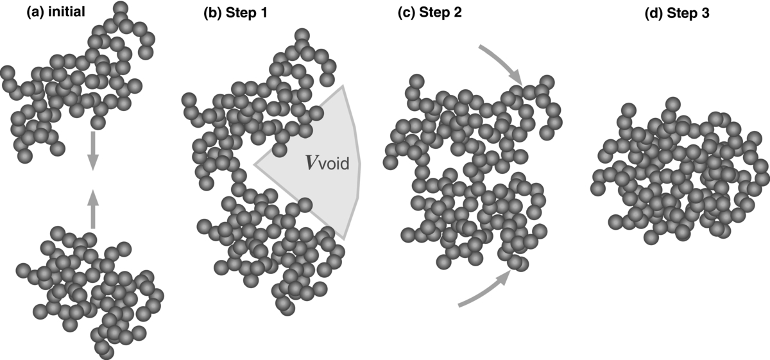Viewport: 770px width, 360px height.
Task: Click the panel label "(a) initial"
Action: point(56,12)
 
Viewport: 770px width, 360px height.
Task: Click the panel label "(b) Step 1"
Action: point(232,12)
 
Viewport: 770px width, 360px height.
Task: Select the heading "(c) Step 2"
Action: point(430,12)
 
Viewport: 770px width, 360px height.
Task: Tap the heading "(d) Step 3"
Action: point(677,12)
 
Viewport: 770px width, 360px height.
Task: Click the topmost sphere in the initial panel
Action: point(119,8)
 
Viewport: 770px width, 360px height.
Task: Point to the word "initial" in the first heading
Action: point(68,12)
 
